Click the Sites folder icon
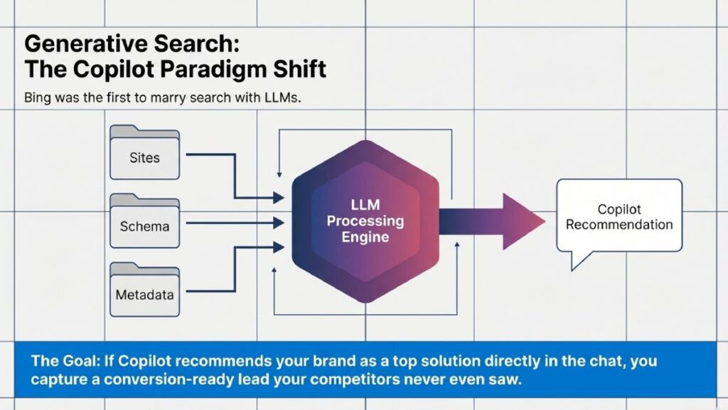point(144,153)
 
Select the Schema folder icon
point(144,223)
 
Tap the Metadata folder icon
point(144,290)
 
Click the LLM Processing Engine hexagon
point(365,221)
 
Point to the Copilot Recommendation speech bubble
point(619,217)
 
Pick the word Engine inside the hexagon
point(365,237)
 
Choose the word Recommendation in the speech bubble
point(619,224)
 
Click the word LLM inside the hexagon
point(365,205)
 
